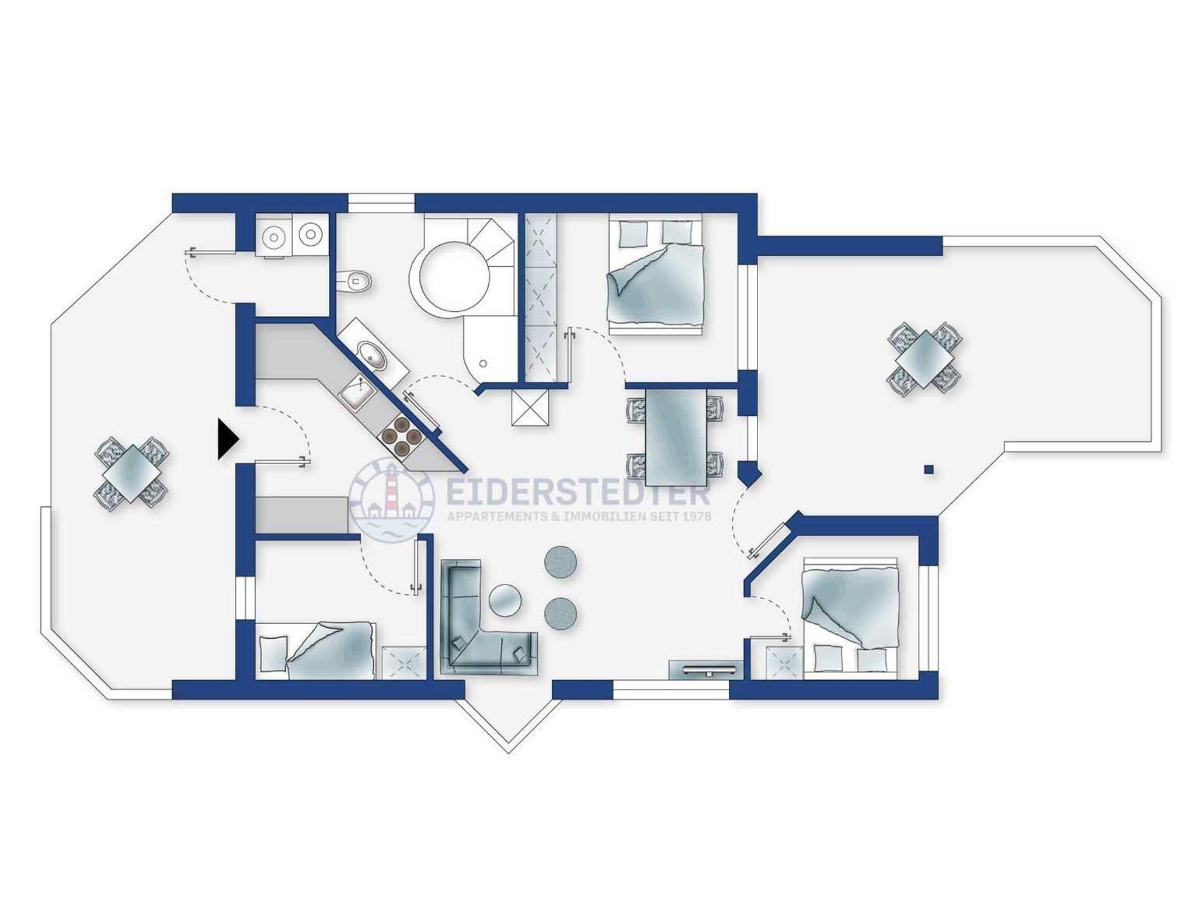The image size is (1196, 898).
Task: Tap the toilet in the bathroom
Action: tap(354, 281)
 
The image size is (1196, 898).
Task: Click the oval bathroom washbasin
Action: tap(372, 357)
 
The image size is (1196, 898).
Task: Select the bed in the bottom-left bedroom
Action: tap(316, 650)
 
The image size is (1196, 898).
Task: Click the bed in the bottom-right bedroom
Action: tap(850, 619)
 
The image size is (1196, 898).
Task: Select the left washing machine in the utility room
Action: tap(273, 236)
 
